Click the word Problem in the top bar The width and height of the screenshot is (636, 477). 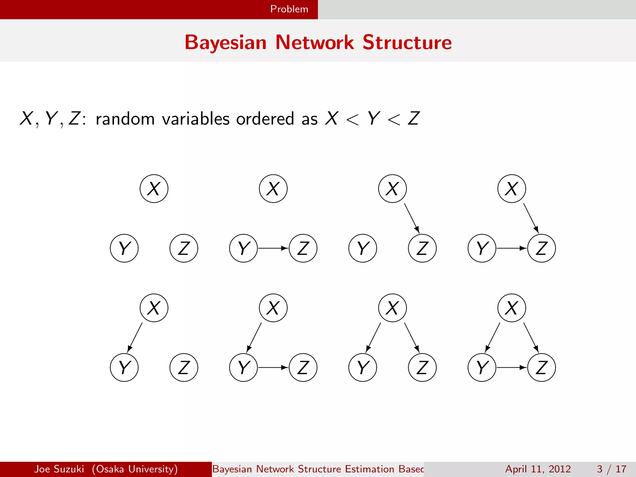tap(289, 9)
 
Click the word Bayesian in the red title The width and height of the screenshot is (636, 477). tap(225, 42)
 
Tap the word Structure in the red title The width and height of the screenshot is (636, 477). tap(407, 42)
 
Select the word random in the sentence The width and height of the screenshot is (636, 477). tap(125, 119)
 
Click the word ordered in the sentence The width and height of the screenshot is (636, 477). tap(265, 119)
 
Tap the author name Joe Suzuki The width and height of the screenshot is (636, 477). tap(59, 469)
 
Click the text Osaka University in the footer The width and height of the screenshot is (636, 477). tap(135, 469)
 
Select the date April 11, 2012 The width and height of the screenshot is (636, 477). tap(538, 469)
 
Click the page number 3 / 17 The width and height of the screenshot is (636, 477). tap(611, 469)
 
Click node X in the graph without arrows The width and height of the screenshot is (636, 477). tap(154, 189)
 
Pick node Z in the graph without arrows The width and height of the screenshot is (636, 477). tap(184, 248)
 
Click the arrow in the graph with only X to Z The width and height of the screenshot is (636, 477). tap(412, 218)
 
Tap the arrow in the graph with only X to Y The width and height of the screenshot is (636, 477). tap(135, 337)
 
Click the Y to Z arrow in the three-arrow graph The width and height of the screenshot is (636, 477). tap(511, 367)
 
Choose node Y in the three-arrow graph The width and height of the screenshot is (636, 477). tap(482, 367)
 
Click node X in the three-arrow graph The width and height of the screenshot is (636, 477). tap(511, 308)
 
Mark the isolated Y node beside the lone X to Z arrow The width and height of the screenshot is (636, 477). tap(363, 248)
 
